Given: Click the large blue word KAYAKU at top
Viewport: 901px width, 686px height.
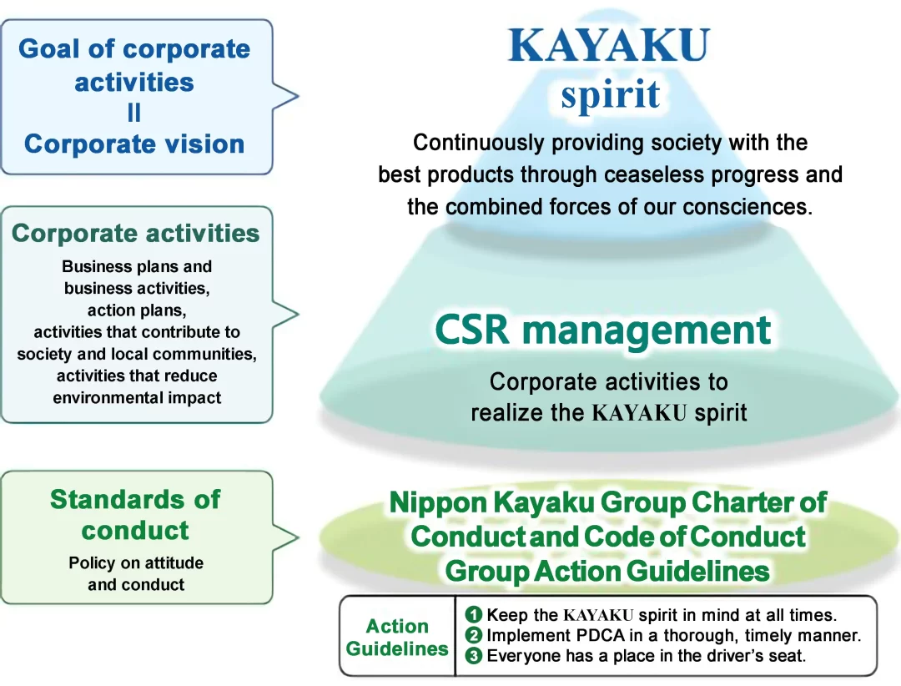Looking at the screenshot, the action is (609, 45).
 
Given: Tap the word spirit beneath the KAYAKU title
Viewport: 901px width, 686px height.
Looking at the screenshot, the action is (610, 94).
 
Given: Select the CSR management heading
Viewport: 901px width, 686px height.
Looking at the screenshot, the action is (603, 330).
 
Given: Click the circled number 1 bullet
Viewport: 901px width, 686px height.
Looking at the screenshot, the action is (474, 615).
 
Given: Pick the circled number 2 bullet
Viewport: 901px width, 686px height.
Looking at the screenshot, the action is (474, 635).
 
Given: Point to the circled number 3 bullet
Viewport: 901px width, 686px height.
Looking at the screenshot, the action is (474, 656).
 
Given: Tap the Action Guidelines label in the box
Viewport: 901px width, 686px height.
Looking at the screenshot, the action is (397, 637).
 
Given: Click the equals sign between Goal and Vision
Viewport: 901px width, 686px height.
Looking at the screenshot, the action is (133, 112).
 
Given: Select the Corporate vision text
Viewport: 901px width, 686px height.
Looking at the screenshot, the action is (134, 144).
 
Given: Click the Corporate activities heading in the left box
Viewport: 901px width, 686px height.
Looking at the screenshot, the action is (136, 234).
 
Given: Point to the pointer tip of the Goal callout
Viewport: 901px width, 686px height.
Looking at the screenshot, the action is (298, 95).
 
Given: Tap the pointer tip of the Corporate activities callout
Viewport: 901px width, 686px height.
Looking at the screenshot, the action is (298, 314).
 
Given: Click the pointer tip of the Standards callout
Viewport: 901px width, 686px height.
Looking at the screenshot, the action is (298, 538).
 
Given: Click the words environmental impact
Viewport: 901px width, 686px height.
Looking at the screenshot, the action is (137, 398).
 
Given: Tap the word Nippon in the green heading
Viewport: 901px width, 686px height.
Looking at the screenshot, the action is (439, 502).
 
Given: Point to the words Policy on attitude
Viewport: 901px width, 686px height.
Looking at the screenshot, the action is (136, 563).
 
